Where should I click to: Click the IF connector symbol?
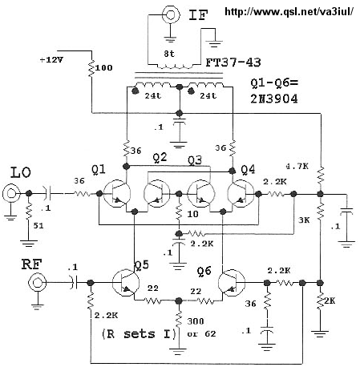click(x=170, y=14)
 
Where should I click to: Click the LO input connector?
click(x=11, y=193)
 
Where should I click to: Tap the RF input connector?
click(x=38, y=282)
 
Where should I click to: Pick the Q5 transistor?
click(x=126, y=283)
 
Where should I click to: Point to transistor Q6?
click(x=232, y=283)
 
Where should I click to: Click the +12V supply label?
click(x=51, y=60)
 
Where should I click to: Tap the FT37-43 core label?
click(x=233, y=63)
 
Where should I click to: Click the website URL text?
click(x=289, y=11)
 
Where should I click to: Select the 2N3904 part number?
click(x=274, y=99)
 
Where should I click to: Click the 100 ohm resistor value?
click(x=103, y=68)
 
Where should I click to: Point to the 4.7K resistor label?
click(x=297, y=167)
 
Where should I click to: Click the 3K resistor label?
click(x=304, y=220)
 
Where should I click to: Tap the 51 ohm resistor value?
click(x=38, y=226)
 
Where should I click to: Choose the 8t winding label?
click(x=169, y=54)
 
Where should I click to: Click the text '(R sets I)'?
click(x=140, y=334)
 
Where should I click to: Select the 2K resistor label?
click(x=330, y=301)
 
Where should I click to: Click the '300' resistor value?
click(x=196, y=321)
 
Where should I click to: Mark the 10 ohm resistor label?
click(x=192, y=214)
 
